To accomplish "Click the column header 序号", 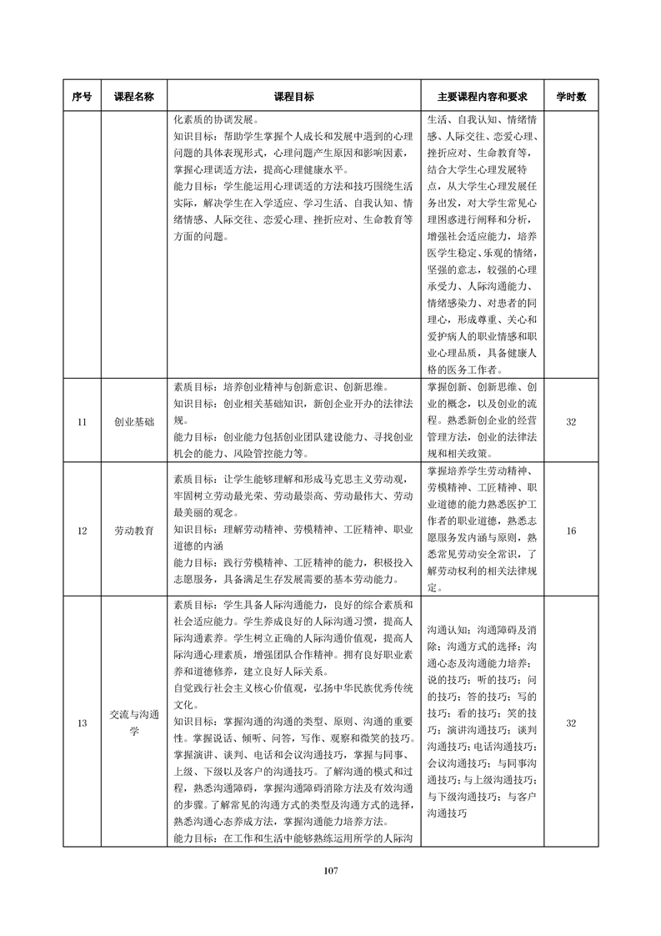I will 82,96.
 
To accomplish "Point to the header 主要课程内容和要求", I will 483,96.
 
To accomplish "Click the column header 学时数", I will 571,96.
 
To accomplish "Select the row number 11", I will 82,422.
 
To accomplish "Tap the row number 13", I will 82,722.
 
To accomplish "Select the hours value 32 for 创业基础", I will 571,422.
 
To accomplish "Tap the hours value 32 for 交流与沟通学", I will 571,722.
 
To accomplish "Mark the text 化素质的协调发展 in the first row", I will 216,118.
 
